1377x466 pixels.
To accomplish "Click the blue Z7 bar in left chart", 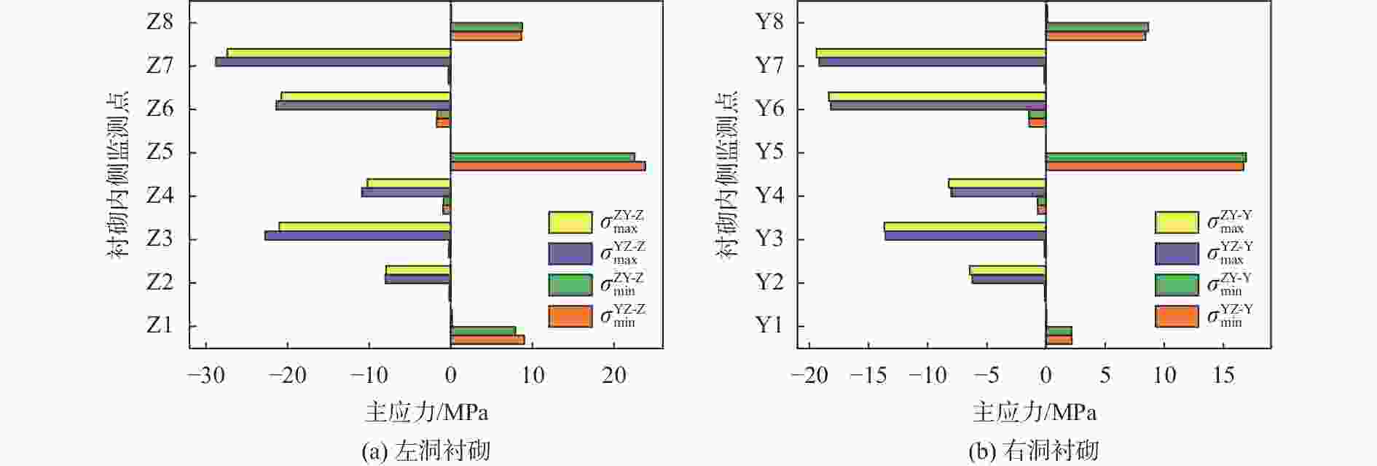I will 333,62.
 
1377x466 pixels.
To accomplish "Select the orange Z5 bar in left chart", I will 548,166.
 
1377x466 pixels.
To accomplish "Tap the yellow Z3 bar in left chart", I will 364,227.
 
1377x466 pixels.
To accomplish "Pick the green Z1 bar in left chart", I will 483,331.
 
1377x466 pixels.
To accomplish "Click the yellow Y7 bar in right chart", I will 931,53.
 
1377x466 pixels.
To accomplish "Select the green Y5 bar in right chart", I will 1146,158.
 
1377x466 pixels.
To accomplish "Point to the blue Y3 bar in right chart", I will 965,236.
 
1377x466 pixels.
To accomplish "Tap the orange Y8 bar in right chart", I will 1096,36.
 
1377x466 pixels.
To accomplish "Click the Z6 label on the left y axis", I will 160,109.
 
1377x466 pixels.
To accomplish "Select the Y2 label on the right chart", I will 768,282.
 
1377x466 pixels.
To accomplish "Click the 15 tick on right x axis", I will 1224,376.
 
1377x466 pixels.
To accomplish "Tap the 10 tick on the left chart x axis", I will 533,376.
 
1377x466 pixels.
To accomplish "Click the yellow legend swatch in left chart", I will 570,222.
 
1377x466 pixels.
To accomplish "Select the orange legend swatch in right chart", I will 1177,317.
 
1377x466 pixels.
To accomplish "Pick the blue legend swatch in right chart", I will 1177,254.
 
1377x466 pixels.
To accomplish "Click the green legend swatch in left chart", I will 570,285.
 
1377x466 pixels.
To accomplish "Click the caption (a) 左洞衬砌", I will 426,451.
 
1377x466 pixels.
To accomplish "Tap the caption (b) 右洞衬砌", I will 1033,451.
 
